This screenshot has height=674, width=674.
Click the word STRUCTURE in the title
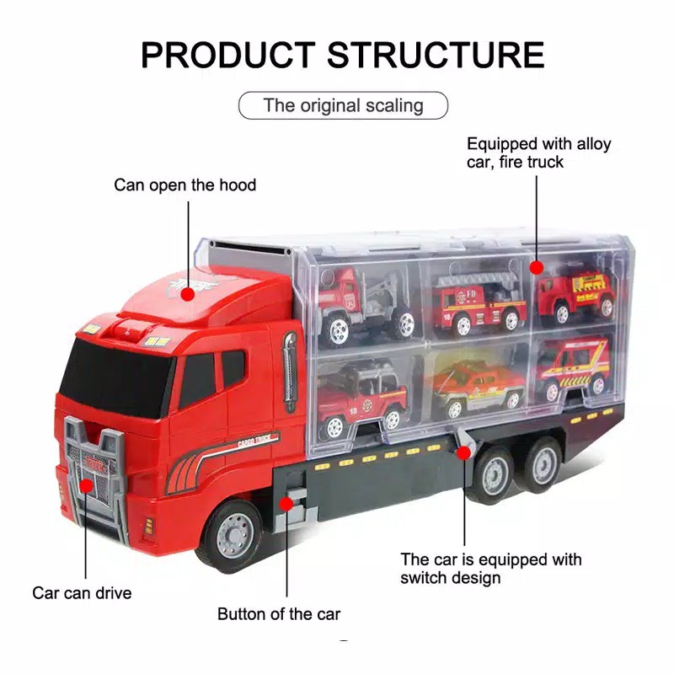[x=436, y=55]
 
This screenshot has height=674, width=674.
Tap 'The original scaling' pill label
[x=343, y=105]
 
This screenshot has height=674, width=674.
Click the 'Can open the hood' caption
[x=185, y=185]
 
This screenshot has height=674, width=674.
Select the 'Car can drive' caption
[x=82, y=593]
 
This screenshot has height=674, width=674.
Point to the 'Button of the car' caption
[x=279, y=613]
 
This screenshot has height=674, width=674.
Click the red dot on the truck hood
[x=186, y=292]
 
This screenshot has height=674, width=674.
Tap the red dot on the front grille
[x=85, y=484]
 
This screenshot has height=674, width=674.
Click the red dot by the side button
[x=287, y=503]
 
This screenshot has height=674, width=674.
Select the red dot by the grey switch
[x=463, y=453]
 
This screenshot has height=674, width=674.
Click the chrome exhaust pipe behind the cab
[x=290, y=371]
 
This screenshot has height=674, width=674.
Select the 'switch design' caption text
[x=450, y=578]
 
